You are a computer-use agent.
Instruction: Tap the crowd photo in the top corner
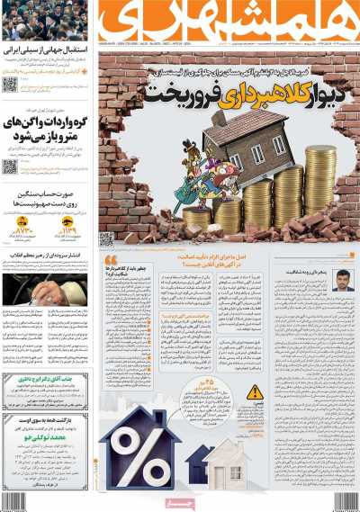(x=45, y=20)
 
